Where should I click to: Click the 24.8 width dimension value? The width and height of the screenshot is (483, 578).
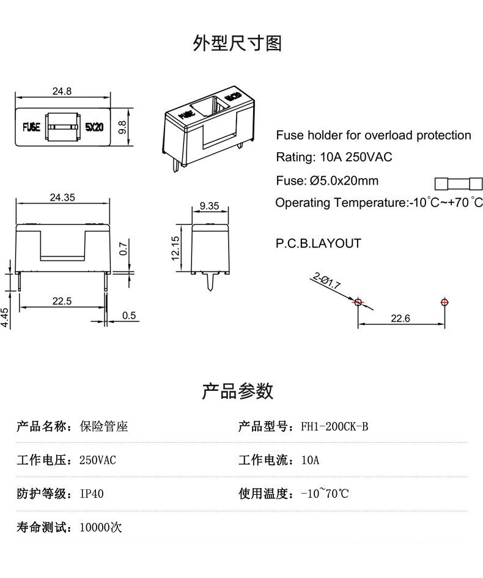[62, 91]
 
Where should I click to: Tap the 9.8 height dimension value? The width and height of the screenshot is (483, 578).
[122, 127]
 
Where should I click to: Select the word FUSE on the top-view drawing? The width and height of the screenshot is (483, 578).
[31, 127]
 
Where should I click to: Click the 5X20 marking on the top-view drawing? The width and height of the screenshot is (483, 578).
[94, 127]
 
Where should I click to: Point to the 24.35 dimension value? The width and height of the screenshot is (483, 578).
[62, 197]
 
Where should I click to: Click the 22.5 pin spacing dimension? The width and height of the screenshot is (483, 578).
[61, 300]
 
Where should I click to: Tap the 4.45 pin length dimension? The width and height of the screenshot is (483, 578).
[5, 317]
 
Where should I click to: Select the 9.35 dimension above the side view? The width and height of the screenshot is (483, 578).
[209, 206]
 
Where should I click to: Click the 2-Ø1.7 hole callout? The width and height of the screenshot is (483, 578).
[326, 281]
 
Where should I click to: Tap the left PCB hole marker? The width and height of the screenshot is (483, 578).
[358, 302]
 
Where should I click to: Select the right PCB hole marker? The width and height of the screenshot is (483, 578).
[444, 302]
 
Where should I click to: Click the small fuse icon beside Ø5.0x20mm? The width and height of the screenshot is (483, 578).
[458, 182]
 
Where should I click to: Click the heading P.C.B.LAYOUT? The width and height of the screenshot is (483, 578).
[318, 243]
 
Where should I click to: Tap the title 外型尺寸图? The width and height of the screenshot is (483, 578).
[237, 43]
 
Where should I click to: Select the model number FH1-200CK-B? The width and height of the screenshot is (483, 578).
[334, 426]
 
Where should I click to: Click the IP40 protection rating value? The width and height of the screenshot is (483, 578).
[92, 494]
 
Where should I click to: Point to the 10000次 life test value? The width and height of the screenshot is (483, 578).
[101, 527]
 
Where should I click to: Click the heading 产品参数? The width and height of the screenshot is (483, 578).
[237, 391]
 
